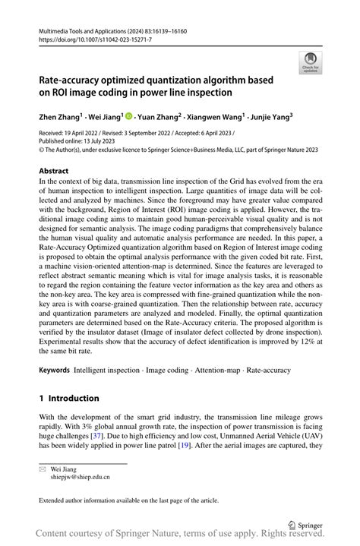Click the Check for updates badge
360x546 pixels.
tap(309, 62)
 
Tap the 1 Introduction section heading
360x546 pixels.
tap(69, 398)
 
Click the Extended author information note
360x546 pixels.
tap(129, 500)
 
